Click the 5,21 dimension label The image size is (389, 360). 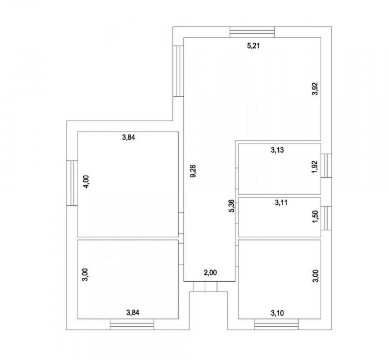click(x=253, y=46)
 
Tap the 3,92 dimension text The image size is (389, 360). click(x=315, y=89)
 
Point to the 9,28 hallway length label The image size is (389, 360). click(x=193, y=171)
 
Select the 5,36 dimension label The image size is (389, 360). click(x=231, y=206)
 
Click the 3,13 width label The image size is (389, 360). click(x=277, y=150)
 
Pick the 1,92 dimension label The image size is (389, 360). click(x=315, y=167)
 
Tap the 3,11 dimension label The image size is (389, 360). click(x=281, y=203)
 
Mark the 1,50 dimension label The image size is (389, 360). click(x=315, y=217)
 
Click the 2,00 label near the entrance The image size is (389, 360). click(x=210, y=273)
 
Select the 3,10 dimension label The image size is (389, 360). click(x=277, y=313)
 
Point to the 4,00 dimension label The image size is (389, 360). click(x=86, y=182)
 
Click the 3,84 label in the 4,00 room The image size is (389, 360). click(x=128, y=137)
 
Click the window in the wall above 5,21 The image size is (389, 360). click(x=252, y=32)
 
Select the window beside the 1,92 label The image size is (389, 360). click(x=326, y=166)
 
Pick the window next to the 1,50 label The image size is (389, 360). click(x=326, y=218)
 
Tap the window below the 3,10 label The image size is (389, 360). click(x=276, y=324)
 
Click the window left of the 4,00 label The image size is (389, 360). click(x=72, y=183)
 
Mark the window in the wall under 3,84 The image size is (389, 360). click(x=132, y=324)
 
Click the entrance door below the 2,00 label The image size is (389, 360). click(x=205, y=287)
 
